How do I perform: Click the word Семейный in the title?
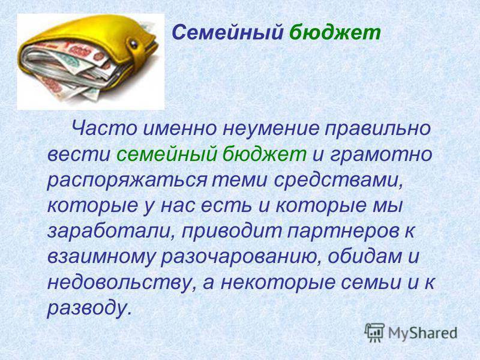coord(227,33)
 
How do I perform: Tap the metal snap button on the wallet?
coord(134,44)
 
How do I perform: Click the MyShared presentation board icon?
coord(374,332)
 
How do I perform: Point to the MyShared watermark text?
coord(422,333)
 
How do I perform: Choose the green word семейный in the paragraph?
coord(166,154)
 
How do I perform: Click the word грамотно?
coord(381,155)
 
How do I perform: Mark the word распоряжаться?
coord(127,181)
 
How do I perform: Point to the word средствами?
coord(337,180)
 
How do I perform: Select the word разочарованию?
coord(242,258)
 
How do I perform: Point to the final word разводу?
coord(90,308)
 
